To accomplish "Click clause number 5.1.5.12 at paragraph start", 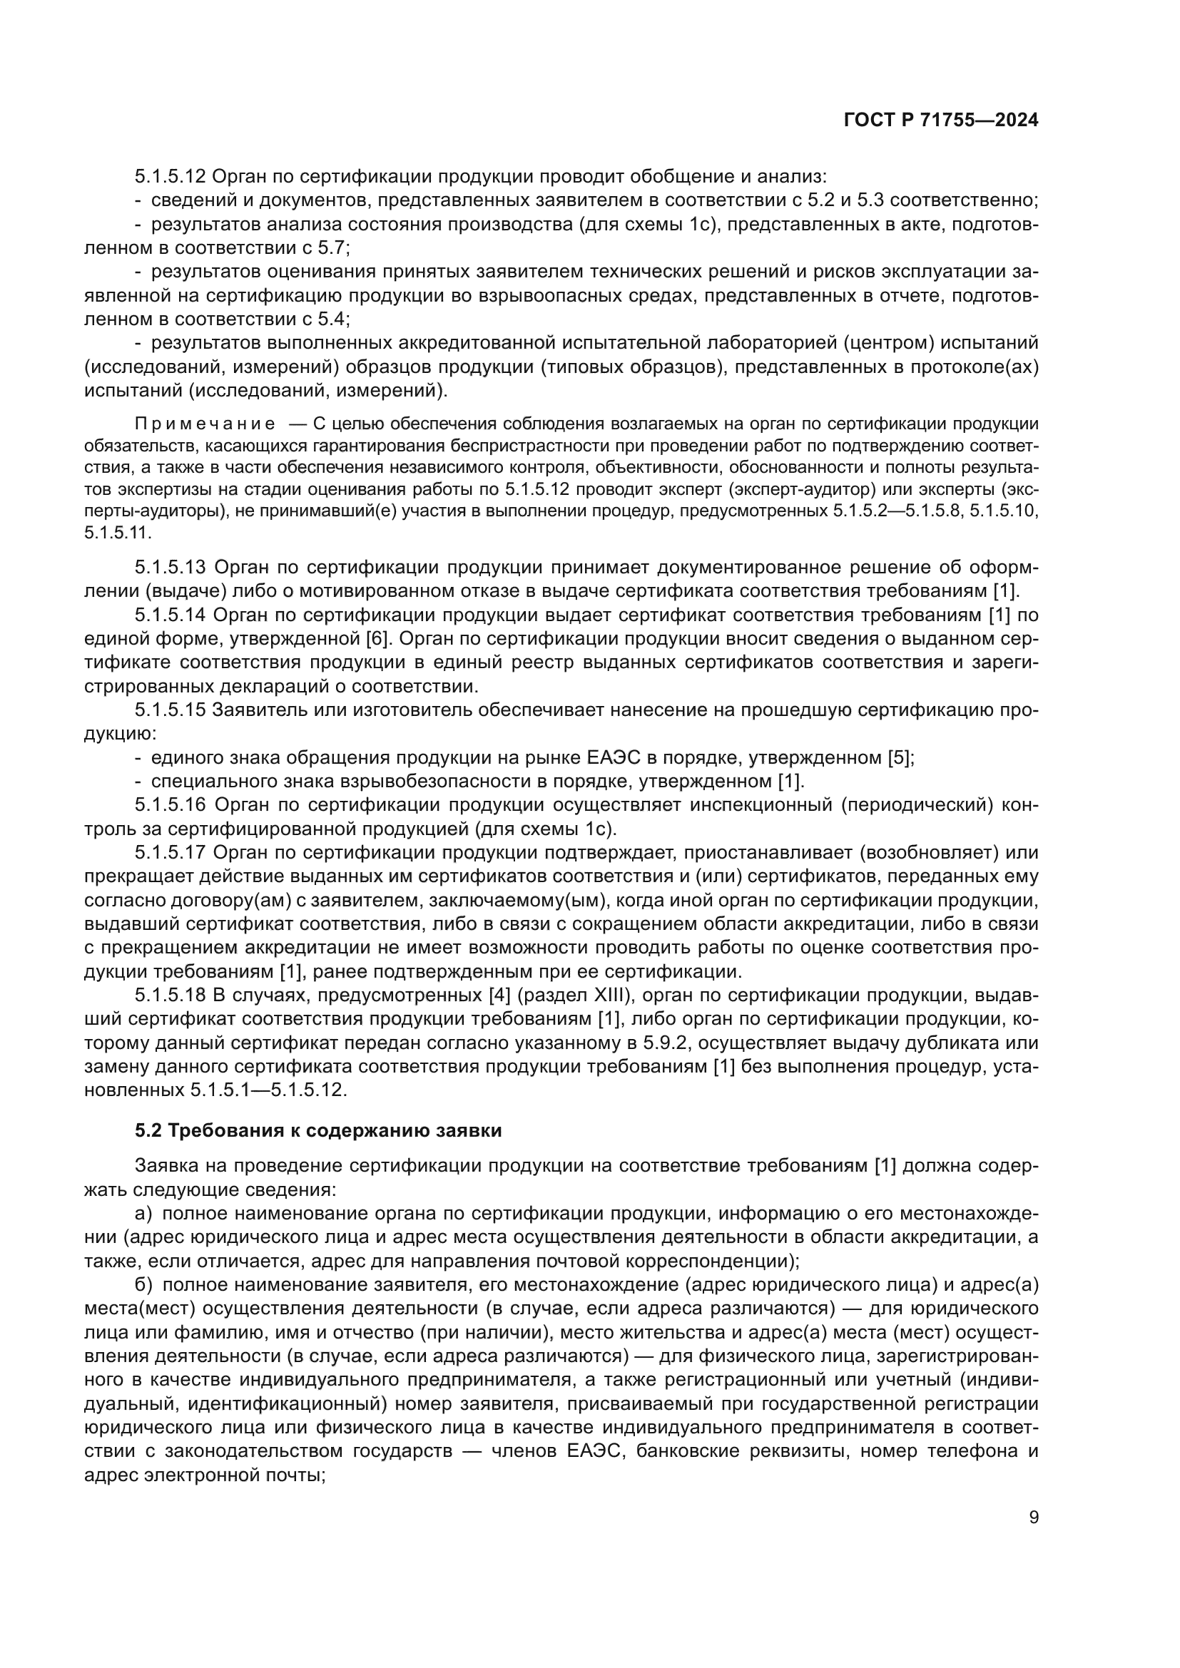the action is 171,177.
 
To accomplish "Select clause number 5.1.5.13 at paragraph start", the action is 171,567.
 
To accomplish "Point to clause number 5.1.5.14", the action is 171,615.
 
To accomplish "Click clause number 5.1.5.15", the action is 171,710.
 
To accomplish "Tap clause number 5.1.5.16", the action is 171,805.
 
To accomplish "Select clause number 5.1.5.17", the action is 171,852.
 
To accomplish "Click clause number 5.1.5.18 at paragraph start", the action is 171,996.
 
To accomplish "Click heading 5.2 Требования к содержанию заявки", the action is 318,1131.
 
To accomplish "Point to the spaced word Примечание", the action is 205,424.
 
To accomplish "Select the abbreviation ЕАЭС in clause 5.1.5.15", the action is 611,758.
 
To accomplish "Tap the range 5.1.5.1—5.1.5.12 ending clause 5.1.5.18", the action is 268,1090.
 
